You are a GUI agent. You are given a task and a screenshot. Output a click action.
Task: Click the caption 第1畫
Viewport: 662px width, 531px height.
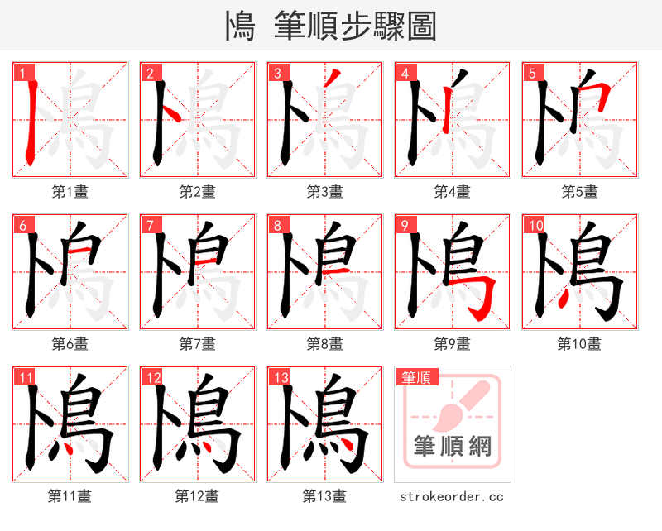[x=70, y=192]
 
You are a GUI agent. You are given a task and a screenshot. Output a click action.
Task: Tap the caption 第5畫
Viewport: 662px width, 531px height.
[x=579, y=192]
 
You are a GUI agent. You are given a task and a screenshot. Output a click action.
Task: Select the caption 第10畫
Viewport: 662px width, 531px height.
[x=579, y=344]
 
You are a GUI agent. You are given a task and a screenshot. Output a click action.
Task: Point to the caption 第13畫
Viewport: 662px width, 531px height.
[x=324, y=496]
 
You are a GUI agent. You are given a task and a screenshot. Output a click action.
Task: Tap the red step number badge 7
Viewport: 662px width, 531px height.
[x=149, y=225]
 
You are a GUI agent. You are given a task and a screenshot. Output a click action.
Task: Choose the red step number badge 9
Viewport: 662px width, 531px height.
[x=404, y=225]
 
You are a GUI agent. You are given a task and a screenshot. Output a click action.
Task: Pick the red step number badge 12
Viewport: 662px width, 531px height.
[x=151, y=377]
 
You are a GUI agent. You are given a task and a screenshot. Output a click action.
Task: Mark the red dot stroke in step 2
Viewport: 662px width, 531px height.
[x=167, y=112]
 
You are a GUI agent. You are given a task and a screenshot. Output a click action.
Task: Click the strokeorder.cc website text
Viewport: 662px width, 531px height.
[x=452, y=497]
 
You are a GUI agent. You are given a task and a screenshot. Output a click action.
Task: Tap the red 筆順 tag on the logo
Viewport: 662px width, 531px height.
[x=415, y=378]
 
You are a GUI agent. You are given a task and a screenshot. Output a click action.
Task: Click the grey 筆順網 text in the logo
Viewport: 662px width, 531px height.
[x=453, y=447]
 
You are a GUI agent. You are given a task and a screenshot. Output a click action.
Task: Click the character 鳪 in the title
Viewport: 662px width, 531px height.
[x=239, y=26]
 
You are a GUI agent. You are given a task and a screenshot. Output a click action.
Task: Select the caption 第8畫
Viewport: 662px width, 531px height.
[x=324, y=344]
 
